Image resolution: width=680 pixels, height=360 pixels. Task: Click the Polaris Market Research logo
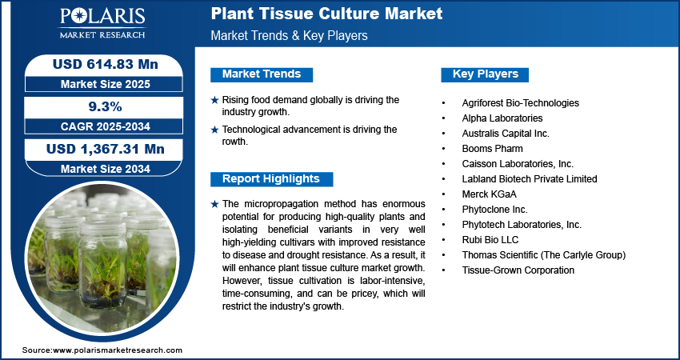(x=102, y=22)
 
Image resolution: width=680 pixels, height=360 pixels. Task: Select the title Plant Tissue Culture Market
(x=326, y=14)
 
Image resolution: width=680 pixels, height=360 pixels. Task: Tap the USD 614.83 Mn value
(x=106, y=64)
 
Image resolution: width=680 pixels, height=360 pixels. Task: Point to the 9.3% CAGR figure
(x=106, y=106)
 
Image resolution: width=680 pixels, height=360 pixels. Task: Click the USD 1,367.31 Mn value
(x=106, y=150)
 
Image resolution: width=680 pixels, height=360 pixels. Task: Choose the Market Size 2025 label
(x=106, y=84)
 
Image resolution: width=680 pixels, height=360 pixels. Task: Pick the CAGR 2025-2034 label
(x=106, y=126)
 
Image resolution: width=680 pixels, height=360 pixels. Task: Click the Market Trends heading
(x=262, y=74)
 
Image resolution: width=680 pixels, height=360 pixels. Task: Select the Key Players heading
(x=486, y=74)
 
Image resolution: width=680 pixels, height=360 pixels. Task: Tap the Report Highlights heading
(x=271, y=179)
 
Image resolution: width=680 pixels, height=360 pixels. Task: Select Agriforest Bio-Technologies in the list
(x=521, y=103)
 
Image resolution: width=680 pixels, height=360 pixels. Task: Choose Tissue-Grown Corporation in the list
(x=518, y=270)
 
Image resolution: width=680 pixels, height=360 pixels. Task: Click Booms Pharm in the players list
(x=492, y=149)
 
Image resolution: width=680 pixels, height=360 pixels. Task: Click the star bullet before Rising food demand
(x=214, y=100)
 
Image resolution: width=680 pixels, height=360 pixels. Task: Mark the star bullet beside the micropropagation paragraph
(x=214, y=204)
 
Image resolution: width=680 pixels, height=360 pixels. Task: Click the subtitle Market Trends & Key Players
(x=290, y=35)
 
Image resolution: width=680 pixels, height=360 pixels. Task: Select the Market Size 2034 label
(x=106, y=169)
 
